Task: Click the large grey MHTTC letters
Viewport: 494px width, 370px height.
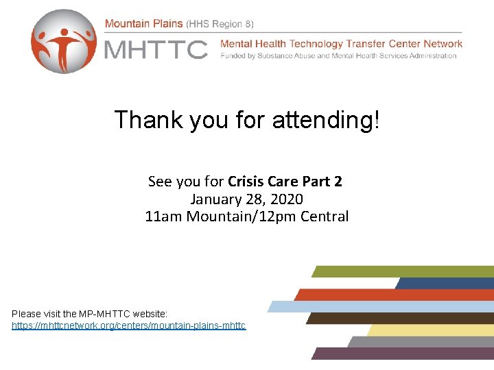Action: tap(155, 49)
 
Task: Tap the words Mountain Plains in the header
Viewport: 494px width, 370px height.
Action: tap(143, 23)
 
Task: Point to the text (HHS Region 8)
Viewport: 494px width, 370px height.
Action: tap(220, 23)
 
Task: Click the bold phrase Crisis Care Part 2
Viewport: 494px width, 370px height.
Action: tap(285, 182)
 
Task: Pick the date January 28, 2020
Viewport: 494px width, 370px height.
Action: tap(246, 199)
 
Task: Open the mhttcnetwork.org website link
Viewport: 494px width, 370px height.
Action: tap(128, 325)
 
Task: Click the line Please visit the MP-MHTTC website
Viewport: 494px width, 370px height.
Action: tap(85, 313)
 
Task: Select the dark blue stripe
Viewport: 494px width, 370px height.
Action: tap(445, 283)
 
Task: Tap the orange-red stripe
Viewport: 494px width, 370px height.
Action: tap(395, 295)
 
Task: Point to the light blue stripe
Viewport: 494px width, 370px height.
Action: tap(381, 306)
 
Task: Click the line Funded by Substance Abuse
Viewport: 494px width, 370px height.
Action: tap(338, 56)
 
